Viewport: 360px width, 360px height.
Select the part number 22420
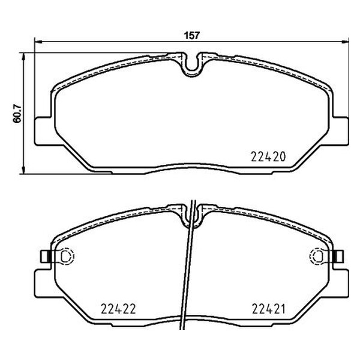coord(266,157)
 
